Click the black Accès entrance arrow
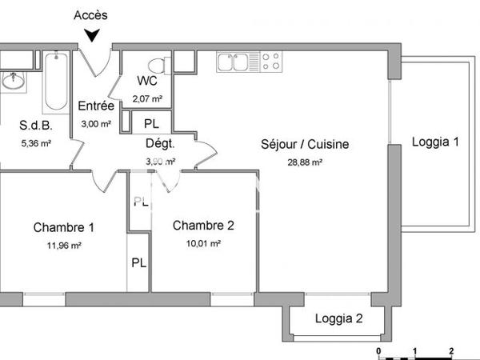93,34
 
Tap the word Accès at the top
90,15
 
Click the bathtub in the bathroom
56,82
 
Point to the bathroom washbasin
14,81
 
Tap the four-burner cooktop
270,61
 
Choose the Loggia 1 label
434,143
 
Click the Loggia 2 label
338,318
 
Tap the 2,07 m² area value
147,98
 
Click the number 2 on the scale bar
451,351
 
